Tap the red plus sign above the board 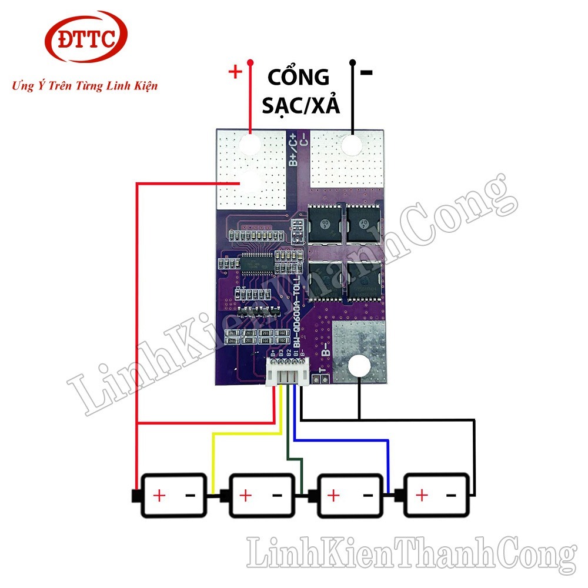pyautogui.click(x=235, y=72)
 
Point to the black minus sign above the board pyautogui.click(x=367, y=73)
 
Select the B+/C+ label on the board pyautogui.click(x=294, y=149)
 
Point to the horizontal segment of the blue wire pyautogui.click(x=341, y=440)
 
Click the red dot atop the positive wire pyautogui.click(x=250, y=63)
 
